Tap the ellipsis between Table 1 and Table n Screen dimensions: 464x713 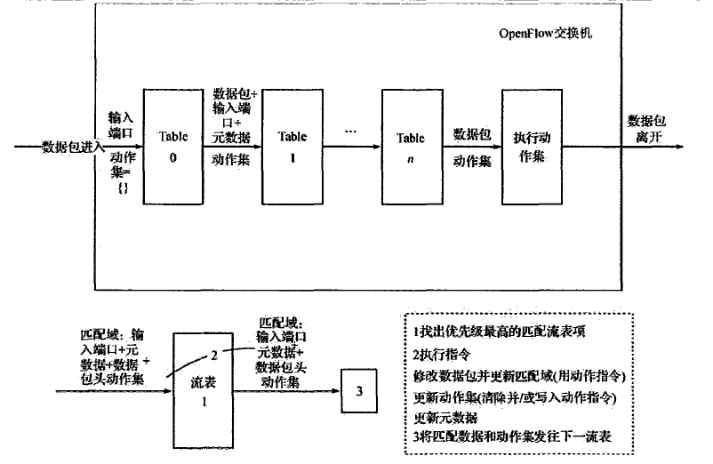[349, 132]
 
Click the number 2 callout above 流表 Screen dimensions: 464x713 [214, 354]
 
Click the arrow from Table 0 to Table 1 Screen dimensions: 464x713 [234, 147]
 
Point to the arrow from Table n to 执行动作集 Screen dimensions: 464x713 [470, 147]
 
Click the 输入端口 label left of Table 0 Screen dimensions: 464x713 [121, 124]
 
